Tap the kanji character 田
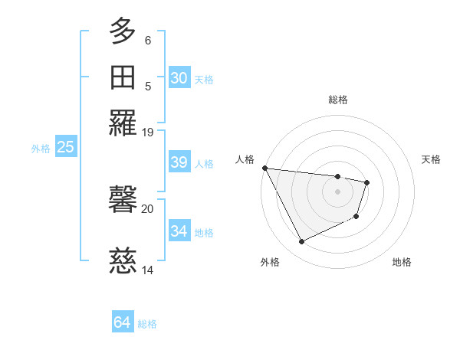pos(123,78)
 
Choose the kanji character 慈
pos(123,262)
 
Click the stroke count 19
pos(148,133)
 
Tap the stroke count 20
pos(148,208)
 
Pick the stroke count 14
pos(148,270)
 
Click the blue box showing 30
pos(179,78)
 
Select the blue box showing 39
pos(179,162)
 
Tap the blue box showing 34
pos(179,231)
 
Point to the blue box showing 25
pos(65,147)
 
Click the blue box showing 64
pos(122,322)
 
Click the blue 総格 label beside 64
pos(147,324)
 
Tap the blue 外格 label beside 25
pos(41,149)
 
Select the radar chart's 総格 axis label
pos(338,100)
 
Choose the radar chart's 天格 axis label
pos(431,159)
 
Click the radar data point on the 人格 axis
pos(264,168)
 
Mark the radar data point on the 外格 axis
pos(301,242)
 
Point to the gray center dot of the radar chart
pos(338,191)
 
